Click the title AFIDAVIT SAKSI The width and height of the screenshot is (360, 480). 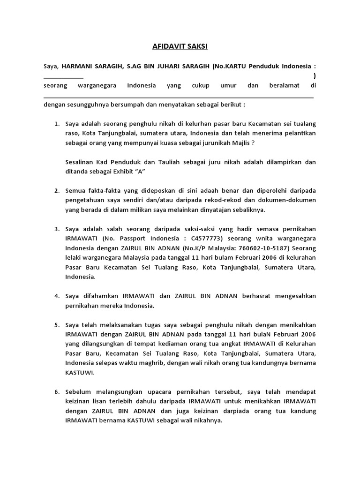pos(180,47)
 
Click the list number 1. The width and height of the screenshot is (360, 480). pos(56,124)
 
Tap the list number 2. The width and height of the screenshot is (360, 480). pos(56,191)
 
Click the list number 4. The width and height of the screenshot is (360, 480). pos(56,296)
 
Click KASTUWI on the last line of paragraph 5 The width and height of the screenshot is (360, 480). pos(80,373)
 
